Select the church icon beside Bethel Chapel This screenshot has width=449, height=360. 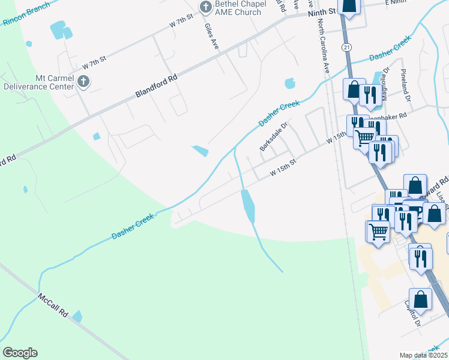coord(206,7)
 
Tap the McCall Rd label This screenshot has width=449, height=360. coord(54,306)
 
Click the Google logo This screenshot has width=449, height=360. coord(20,353)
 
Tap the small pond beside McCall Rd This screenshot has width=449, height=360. coord(77,316)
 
